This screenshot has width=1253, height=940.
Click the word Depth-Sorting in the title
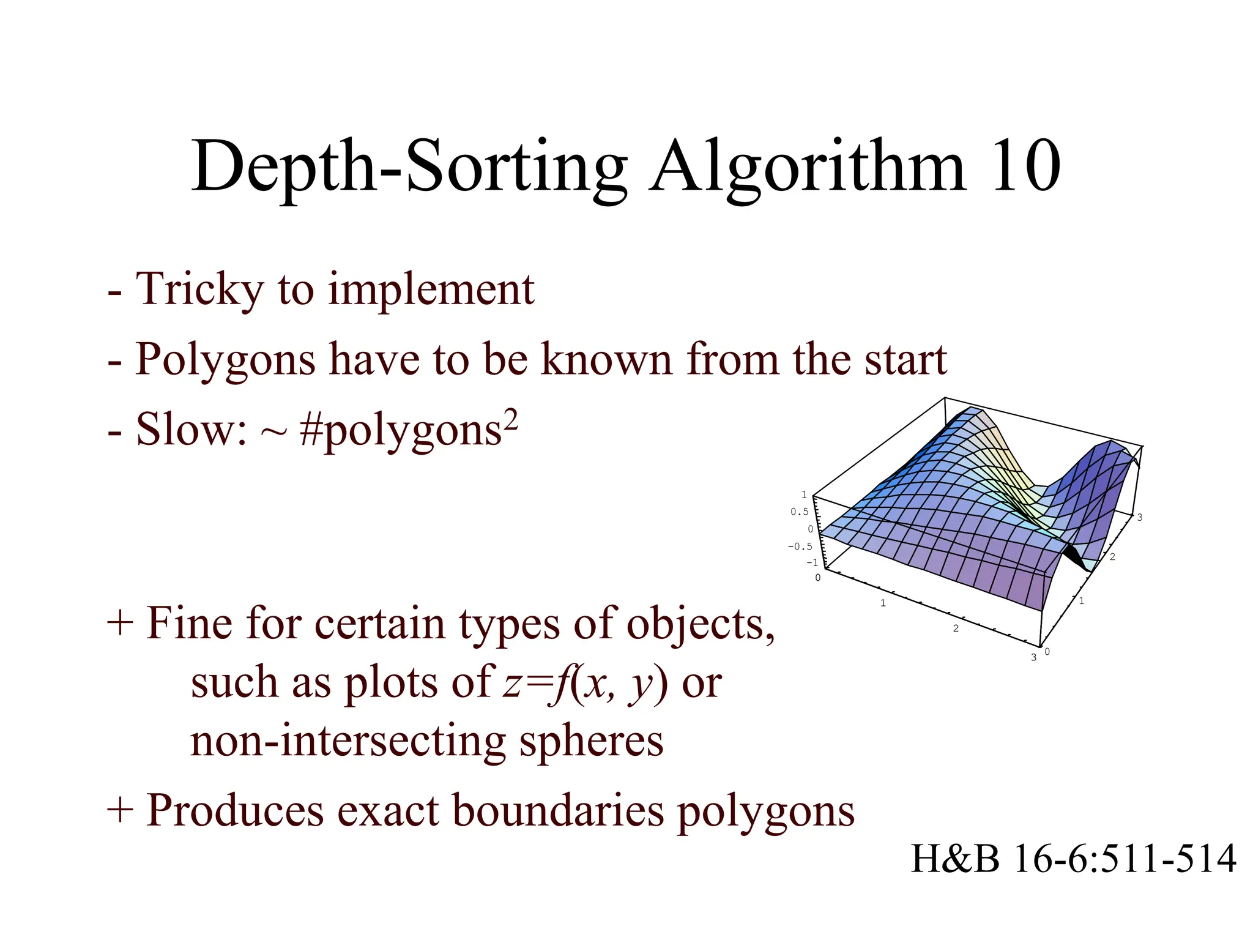pyautogui.click(x=409, y=166)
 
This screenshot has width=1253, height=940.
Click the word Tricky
pyautogui.click(x=199, y=289)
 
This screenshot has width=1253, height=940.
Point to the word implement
pyautogui.click(x=431, y=290)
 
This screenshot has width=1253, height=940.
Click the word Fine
pyautogui.click(x=190, y=623)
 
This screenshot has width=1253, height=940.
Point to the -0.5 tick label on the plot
pyautogui.click(x=800, y=546)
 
